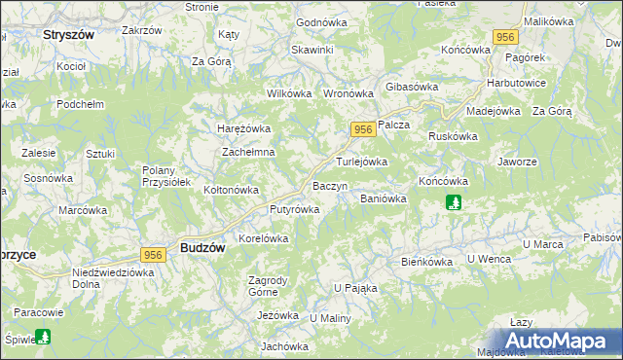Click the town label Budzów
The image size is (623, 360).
click(203, 248)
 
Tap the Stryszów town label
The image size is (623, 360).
click(68, 34)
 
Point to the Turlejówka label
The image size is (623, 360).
click(362, 162)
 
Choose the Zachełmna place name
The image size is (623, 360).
click(249, 153)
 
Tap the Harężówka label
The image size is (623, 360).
click(242, 127)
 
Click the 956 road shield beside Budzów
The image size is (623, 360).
click(152, 254)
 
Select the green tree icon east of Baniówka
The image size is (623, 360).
click(453, 202)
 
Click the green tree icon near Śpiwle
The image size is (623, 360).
click(42, 337)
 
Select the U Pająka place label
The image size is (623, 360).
click(355, 288)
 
